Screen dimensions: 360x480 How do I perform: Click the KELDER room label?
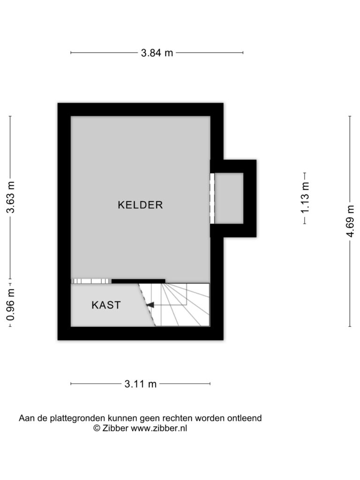[x=140, y=205]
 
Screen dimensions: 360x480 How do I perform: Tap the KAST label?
[x=106, y=305]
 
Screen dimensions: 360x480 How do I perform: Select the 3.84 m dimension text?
[x=157, y=53]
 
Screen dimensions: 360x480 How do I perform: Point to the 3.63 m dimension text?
[x=10, y=197]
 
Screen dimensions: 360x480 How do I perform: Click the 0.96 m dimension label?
[x=10, y=304]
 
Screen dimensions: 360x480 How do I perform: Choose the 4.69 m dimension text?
[x=350, y=221]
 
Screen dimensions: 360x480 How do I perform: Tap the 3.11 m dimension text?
[x=141, y=384]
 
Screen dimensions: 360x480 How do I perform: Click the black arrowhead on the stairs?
[x=150, y=305]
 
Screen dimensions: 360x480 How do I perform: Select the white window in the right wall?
[x=212, y=198]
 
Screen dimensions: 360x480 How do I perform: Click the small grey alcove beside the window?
[x=229, y=198]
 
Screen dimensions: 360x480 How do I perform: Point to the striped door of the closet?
[x=91, y=281]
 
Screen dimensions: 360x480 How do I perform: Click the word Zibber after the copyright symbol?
[x=115, y=428]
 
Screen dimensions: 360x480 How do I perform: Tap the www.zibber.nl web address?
[x=159, y=428]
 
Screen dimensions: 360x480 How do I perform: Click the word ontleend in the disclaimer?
[x=244, y=418]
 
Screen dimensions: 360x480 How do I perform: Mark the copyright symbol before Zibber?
[x=97, y=428]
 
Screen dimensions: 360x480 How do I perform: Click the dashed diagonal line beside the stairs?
[x=147, y=305]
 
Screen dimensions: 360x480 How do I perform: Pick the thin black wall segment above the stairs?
[x=138, y=281]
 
